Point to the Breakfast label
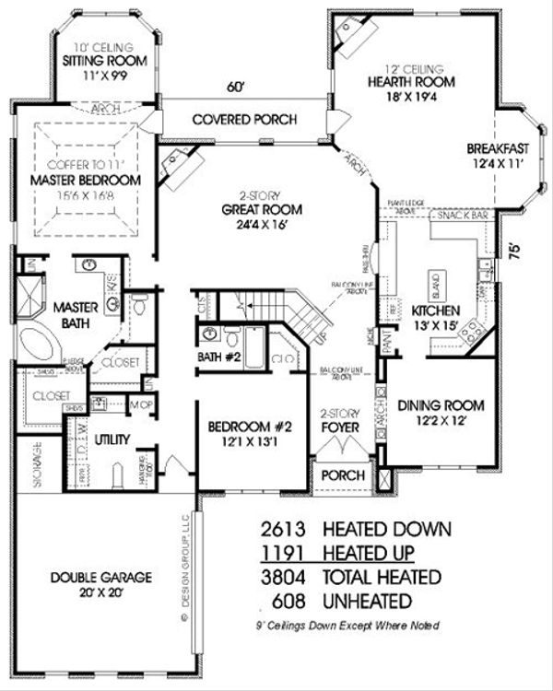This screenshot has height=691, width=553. [x=497, y=148]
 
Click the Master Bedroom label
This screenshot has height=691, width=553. [x=85, y=179]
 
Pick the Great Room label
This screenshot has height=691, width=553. [x=262, y=209]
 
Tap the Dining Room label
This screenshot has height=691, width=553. [x=441, y=404]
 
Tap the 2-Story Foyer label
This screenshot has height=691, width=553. [x=338, y=420]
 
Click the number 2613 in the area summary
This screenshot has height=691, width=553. [x=282, y=529]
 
